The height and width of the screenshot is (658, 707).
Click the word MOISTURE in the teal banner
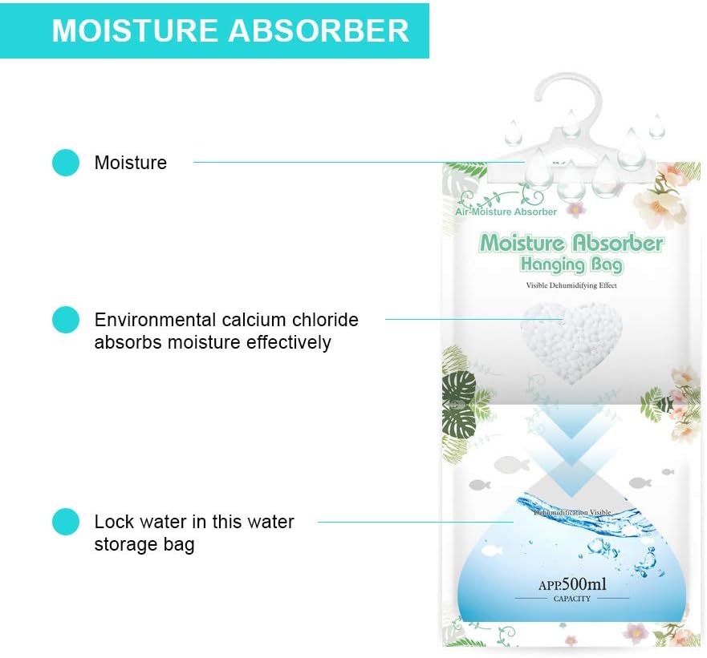[134, 30]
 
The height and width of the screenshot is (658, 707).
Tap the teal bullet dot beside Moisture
[66, 163]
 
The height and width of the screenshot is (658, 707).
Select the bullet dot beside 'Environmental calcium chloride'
[66, 320]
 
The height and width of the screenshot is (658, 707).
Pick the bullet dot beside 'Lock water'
[66, 522]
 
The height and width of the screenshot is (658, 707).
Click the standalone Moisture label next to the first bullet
[131, 163]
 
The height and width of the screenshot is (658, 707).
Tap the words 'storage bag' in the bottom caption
[144, 545]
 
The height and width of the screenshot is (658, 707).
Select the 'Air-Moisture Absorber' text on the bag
[506, 212]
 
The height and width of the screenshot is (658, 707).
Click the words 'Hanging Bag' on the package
[571, 264]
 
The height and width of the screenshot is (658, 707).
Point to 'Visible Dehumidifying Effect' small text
[571, 285]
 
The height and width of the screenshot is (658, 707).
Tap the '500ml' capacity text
[583, 584]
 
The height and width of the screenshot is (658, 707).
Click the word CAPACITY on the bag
[572, 599]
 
